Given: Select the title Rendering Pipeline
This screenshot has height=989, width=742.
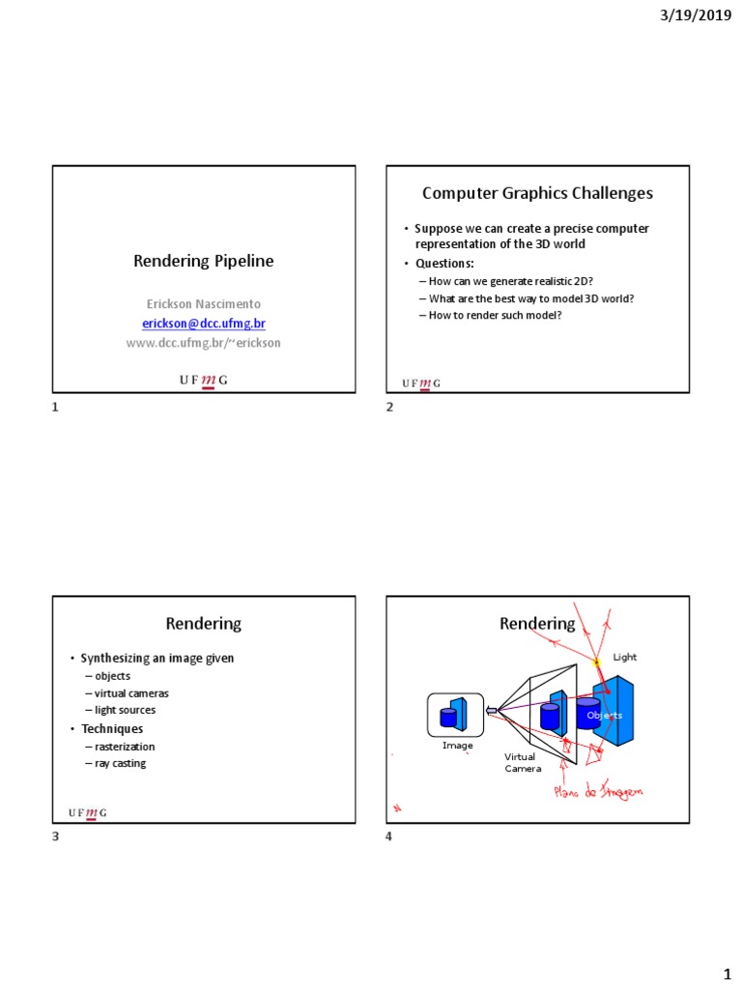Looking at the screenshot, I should (203, 261).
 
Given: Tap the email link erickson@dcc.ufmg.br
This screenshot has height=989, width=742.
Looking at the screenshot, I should (203, 324).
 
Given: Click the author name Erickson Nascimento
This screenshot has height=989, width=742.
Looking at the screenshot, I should (203, 303).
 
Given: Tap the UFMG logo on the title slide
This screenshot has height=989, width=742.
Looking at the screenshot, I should (204, 381).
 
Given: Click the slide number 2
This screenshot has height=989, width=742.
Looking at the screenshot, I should (389, 408).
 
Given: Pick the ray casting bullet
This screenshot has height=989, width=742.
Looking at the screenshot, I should (120, 763).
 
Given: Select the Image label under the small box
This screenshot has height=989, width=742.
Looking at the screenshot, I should (457, 746).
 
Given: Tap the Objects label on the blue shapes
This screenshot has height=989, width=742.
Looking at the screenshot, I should (605, 715).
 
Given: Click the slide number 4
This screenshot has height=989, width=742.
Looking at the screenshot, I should (389, 836).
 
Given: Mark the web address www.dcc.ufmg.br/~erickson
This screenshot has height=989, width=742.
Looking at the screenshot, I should (203, 343).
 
